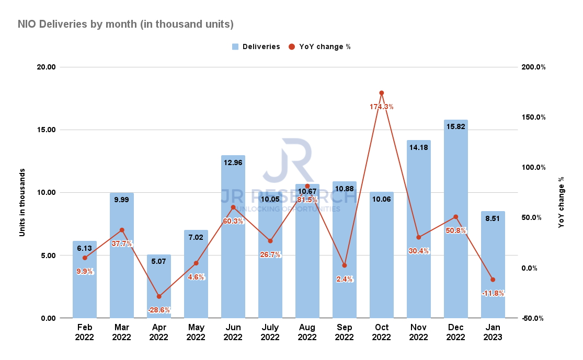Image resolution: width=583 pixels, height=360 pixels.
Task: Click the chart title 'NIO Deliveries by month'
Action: tap(125, 24)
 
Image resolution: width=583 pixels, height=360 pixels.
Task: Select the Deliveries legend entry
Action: tap(256, 47)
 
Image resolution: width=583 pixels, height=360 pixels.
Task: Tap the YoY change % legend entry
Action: tap(319, 47)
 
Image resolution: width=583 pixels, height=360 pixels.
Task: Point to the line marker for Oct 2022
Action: tap(382, 93)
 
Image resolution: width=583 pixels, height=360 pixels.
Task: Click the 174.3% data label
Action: tap(381, 107)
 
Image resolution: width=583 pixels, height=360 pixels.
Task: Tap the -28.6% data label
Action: tap(158, 310)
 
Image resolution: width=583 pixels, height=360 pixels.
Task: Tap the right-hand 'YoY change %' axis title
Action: tap(561, 202)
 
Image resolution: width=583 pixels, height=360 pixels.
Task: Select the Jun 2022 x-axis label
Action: tap(233, 333)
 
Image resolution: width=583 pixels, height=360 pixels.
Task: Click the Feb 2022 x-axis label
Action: tap(84, 333)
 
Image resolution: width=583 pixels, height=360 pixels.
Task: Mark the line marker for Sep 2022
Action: tap(344, 265)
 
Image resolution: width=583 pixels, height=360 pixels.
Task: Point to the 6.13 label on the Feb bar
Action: tap(84, 249)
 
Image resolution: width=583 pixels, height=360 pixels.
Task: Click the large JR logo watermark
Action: tap(287, 159)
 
